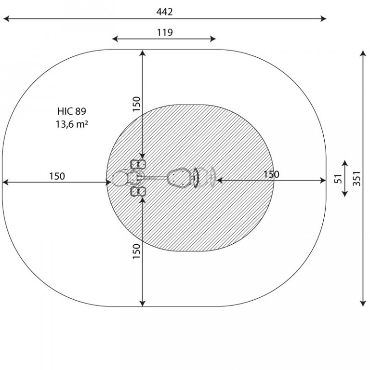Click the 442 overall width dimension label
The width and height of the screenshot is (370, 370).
(164, 12)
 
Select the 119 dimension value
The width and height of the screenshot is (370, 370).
(165, 32)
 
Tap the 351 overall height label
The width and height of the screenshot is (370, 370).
(357, 179)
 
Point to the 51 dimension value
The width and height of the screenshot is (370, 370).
(338, 179)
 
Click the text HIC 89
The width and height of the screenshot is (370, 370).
(72, 111)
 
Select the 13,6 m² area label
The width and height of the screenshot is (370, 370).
(72, 124)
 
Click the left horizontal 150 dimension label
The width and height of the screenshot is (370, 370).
(57, 176)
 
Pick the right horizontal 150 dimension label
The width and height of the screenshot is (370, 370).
(271, 174)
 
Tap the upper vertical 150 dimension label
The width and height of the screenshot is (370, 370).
(136, 104)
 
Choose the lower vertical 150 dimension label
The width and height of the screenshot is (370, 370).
(136, 251)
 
